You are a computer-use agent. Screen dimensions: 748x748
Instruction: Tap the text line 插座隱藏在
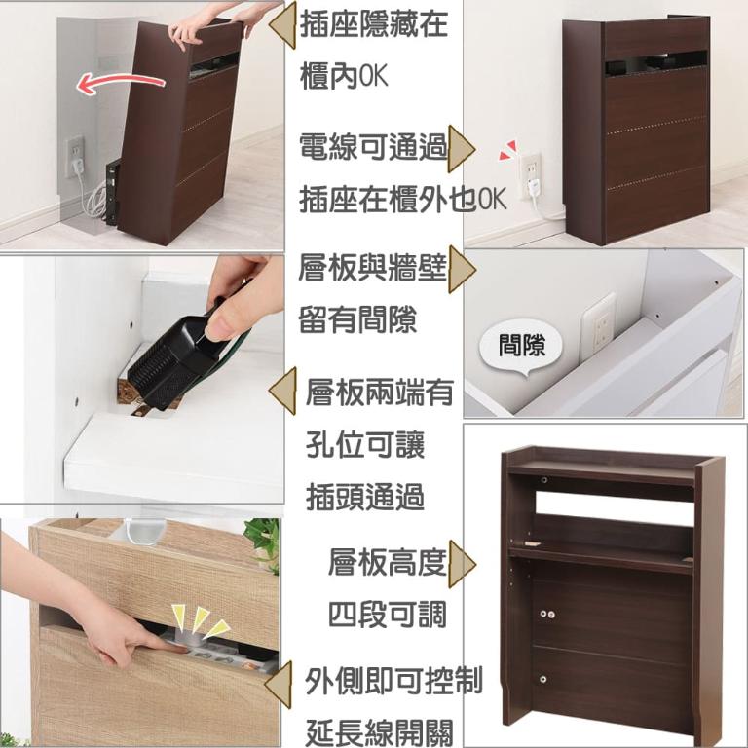[x=374, y=24]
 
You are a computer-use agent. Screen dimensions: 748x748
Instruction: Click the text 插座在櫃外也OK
[x=401, y=200]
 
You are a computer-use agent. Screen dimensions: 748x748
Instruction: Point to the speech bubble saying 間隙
[x=522, y=346]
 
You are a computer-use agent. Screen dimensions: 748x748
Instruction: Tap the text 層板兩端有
[x=380, y=393]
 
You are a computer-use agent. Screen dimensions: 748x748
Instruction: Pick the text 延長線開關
[x=379, y=730]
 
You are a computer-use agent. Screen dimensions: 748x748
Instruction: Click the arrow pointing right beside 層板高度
[x=462, y=564]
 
